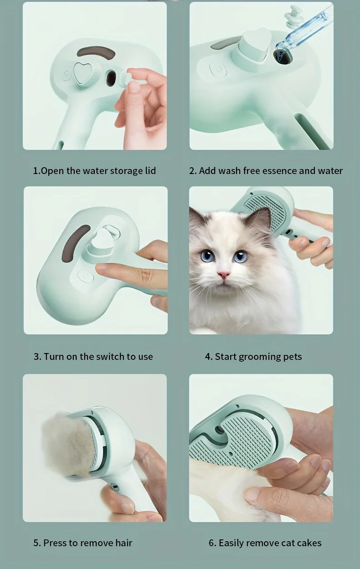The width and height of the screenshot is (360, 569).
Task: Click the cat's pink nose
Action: click(x=223, y=275)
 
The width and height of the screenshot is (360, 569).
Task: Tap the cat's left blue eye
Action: click(x=208, y=256)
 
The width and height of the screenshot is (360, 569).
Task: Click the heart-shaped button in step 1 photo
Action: click(x=82, y=72)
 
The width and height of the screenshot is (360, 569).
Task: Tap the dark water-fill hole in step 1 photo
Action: click(x=111, y=78)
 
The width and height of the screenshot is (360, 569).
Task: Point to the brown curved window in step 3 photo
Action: click(x=76, y=242)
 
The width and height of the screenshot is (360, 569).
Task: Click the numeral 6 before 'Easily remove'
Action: click(x=211, y=543)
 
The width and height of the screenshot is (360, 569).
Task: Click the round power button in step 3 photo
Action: click(x=86, y=277)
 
